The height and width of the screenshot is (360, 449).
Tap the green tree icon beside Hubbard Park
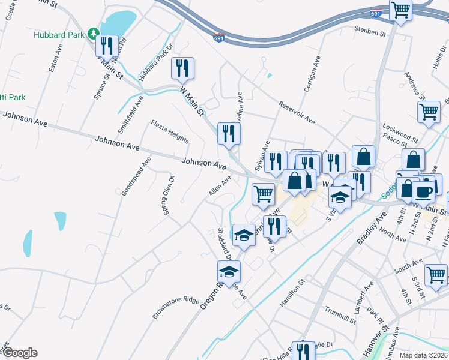pos(93,32)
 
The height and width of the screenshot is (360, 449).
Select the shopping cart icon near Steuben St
pos(400,11)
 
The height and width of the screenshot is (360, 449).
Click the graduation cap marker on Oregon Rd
pos(229,272)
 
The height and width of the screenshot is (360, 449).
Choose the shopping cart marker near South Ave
pos(436,275)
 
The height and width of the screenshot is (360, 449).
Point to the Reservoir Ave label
pos(297,113)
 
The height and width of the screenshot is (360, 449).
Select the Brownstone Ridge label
pos(175,307)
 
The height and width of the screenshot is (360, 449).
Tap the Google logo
pos(19,353)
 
